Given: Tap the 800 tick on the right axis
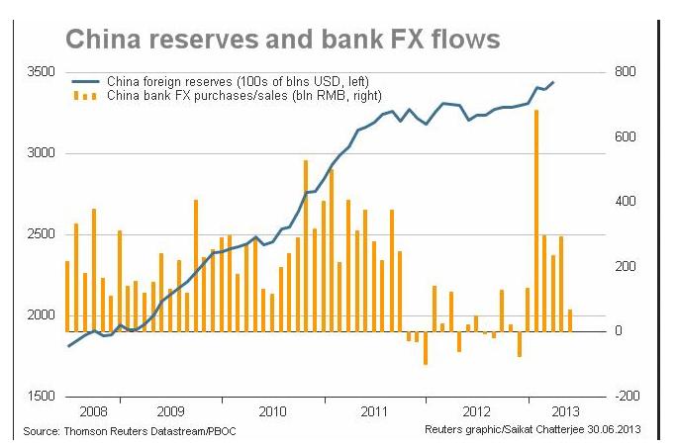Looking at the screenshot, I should pyautogui.click(x=623, y=73).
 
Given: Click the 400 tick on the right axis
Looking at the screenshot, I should pyautogui.click(x=623, y=202).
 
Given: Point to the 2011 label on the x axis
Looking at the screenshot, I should pyautogui.click(x=374, y=410).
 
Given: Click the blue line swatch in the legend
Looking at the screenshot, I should pyautogui.click(x=87, y=80).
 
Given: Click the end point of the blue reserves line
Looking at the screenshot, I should pyautogui.click(x=553, y=82).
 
